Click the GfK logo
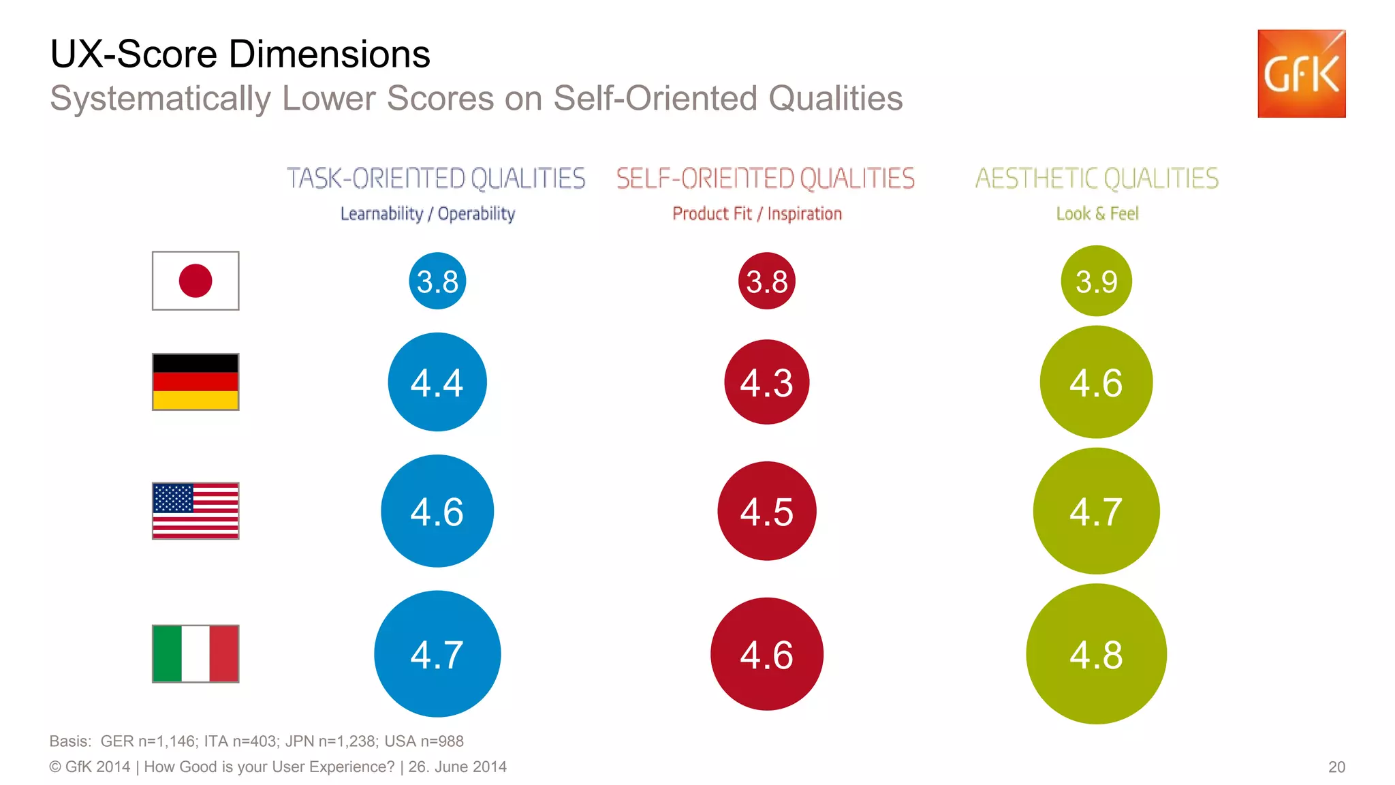point(1301,74)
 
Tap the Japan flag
point(195,281)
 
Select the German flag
point(195,382)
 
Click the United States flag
point(195,510)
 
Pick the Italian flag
point(195,653)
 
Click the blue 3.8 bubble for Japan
point(437,281)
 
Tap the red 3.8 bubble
point(766,281)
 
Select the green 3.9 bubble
point(1096,281)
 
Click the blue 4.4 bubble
point(437,382)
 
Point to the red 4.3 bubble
point(766,382)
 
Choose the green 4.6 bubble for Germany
point(1096,382)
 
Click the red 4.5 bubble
point(766,511)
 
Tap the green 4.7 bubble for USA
point(1096,511)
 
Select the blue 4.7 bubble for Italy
point(437,653)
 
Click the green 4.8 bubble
point(1096,653)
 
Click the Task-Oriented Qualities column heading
point(436,179)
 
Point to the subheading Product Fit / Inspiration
point(757,214)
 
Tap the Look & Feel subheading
point(1097,214)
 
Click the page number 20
point(1336,767)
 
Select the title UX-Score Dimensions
point(240,54)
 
